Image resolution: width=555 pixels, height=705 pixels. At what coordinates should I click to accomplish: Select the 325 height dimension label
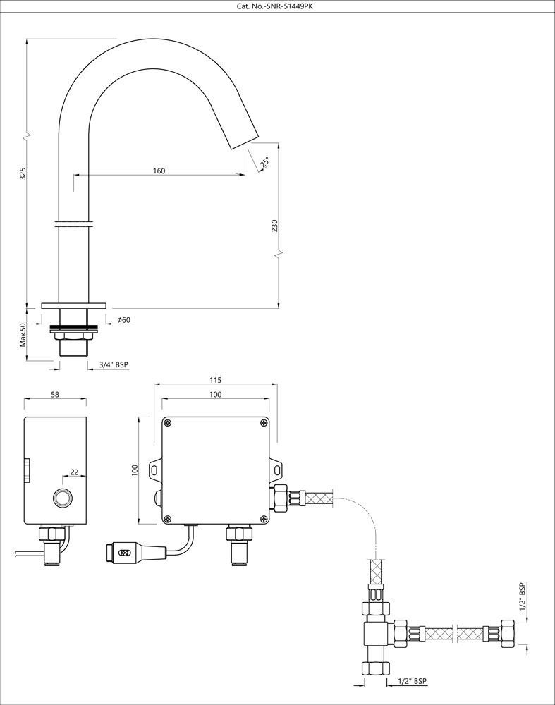pyautogui.click(x=23, y=173)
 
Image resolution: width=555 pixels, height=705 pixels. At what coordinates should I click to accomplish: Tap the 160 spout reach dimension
pyautogui.click(x=159, y=171)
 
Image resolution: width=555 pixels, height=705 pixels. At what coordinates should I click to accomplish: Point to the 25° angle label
pyautogui.click(x=265, y=163)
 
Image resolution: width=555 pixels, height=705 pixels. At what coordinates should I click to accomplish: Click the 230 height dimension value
pyautogui.click(x=275, y=226)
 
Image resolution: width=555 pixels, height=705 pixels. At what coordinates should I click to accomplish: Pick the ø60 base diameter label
pyautogui.click(x=123, y=320)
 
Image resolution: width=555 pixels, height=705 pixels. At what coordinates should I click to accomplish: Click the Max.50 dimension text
pyautogui.click(x=23, y=335)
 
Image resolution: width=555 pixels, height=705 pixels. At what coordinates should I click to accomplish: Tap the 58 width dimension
pyautogui.click(x=55, y=395)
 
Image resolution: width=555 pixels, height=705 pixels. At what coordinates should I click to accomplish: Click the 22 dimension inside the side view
pyautogui.click(x=73, y=473)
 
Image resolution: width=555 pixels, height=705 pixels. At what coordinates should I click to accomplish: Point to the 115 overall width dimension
pyautogui.click(x=215, y=380)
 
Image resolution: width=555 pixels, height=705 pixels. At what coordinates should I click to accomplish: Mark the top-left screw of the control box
pyautogui.click(x=168, y=422)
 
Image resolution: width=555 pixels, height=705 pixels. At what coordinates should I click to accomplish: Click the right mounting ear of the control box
pyautogui.click(x=276, y=468)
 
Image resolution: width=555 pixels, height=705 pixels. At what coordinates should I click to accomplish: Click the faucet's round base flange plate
pyautogui.click(x=73, y=306)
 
